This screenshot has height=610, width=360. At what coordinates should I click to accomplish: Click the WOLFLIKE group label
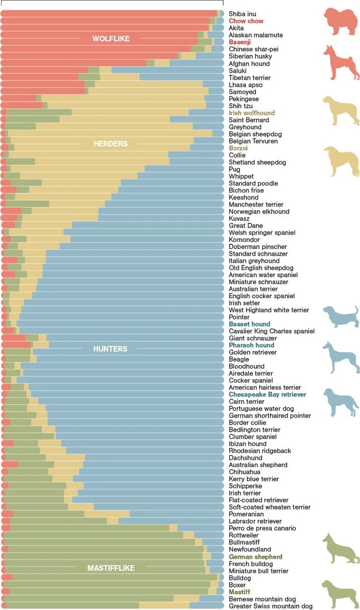[x=111, y=39]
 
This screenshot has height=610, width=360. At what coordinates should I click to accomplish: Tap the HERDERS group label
[x=110, y=144]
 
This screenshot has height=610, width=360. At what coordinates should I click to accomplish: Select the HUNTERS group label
[x=110, y=349]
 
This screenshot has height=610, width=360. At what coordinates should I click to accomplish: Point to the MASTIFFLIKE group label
[x=111, y=568]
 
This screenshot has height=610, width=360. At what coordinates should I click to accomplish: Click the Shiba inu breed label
[x=243, y=14]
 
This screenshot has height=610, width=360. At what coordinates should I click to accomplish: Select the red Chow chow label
[x=246, y=21]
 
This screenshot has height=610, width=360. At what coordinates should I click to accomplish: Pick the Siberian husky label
[x=250, y=56]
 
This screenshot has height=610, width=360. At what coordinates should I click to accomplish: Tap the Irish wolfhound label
[x=252, y=113]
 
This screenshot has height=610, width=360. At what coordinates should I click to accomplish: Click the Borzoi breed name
[x=238, y=148]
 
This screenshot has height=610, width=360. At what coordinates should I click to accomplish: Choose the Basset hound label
[x=250, y=324]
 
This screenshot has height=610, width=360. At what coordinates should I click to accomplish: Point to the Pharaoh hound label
[x=251, y=345]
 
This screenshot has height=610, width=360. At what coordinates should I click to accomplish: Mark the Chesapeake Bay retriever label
[x=267, y=394]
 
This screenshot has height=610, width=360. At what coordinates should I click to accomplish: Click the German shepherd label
[x=255, y=557]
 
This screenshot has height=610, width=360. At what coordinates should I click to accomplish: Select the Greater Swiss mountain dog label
[x=271, y=606]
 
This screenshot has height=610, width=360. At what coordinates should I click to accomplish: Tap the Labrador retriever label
[x=255, y=521]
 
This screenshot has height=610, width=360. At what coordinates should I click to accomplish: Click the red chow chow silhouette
[x=340, y=22]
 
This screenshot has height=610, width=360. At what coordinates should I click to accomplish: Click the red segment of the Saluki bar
[x=44, y=70]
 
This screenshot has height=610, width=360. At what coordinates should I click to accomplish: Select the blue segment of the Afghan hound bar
[x=197, y=63]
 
